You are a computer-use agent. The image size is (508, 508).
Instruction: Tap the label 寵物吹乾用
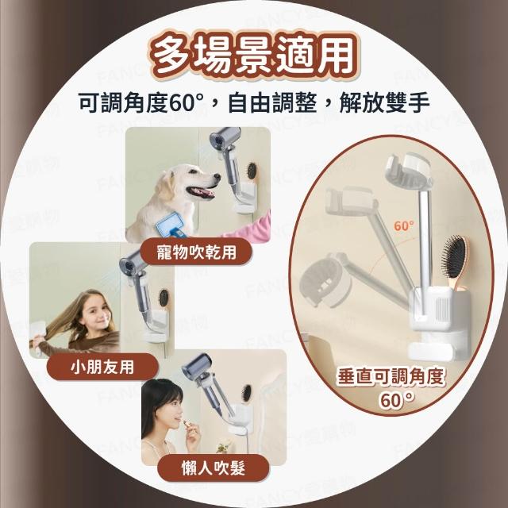coord(196,252)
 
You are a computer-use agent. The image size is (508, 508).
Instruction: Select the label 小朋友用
coord(102,368)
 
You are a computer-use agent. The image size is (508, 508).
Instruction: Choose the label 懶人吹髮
coord(214,468)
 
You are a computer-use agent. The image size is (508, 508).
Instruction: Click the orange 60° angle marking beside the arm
coord(404,225)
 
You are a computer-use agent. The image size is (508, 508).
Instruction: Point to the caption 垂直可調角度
coord(391,377)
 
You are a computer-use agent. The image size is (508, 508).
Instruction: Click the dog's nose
coord(217,177)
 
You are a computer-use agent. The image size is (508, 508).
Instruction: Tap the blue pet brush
coord(172,224)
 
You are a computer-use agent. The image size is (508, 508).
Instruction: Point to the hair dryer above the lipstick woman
coord(206,383)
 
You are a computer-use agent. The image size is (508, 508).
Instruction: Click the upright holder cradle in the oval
coord(409,169)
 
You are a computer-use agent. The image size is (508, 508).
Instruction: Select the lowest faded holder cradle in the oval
coord(325,281)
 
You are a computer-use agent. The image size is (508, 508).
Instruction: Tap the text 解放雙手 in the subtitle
coord(384,102)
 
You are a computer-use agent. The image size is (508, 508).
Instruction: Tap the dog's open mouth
coord(202,192)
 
